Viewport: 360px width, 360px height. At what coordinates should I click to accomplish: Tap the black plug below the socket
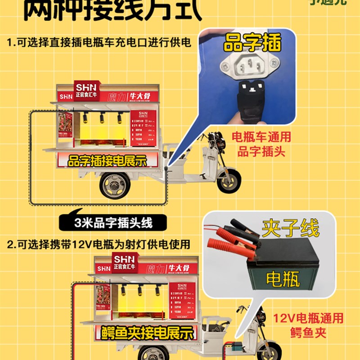click(x=252, y=101)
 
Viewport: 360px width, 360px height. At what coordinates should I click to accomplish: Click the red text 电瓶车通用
click(x=261, y=136)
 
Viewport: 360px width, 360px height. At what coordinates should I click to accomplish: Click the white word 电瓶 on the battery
click(x=283, y=279)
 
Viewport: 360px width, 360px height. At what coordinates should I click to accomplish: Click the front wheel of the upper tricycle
click(x=228, y=180)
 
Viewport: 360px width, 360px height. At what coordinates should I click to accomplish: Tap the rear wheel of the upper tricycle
click(x=114, y=185)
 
